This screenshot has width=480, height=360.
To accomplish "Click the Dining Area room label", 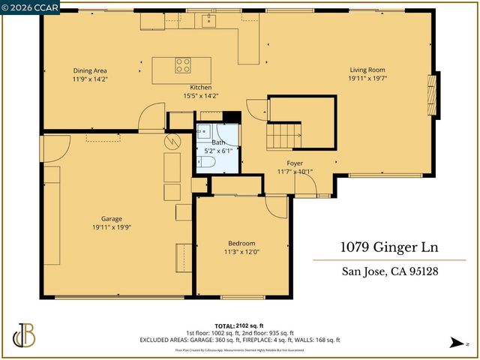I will (x=89, y=70).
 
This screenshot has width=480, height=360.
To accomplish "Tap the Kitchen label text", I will (x=200, y=88).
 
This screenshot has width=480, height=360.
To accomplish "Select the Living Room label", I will (x=367, y=70).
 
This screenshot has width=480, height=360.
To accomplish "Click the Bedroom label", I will (x=241, y=243).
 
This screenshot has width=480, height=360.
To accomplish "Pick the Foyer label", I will (x=295, y=163).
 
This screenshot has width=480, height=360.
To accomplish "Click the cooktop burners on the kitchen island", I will (x=183, y=65).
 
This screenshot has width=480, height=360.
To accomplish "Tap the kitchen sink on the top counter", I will (x=207, y=21).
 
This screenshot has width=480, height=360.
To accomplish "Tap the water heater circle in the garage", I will (x=172, y=140).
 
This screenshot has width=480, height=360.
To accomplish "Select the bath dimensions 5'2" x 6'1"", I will (x=218, y=150).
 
